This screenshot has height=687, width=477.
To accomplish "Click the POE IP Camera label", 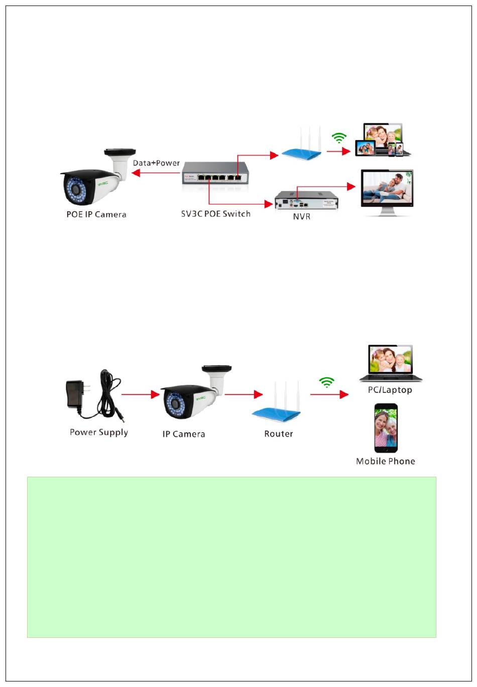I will pos(96,214).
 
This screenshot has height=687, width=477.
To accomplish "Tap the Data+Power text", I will pos(156,163).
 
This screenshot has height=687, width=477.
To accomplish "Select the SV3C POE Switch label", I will pos(216,214).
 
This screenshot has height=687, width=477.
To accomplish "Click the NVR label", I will pos(302,217).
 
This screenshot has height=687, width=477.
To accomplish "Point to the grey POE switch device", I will pos(216,173).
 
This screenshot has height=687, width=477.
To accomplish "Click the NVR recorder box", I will pos(306,201).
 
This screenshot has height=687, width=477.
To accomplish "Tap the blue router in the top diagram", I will pos(301,151).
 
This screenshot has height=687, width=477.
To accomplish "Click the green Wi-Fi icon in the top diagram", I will pos(340,138).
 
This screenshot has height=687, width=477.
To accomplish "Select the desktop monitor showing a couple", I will pos(387,191).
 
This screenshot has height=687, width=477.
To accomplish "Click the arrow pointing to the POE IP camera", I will pos(156,173).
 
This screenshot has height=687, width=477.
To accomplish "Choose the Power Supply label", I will pos(99,432).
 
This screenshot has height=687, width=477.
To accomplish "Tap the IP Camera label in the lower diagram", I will pos(184,434).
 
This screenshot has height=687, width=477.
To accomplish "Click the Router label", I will pos(279,434).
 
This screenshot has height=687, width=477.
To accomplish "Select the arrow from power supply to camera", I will pos(141,394).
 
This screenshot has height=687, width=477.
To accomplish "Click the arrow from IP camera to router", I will pos(244,394).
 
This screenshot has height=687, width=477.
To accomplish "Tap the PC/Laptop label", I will pos(390,390).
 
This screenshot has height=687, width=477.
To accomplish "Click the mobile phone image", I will pos(386,428).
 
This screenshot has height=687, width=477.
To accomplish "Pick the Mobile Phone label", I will pos(386,461).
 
